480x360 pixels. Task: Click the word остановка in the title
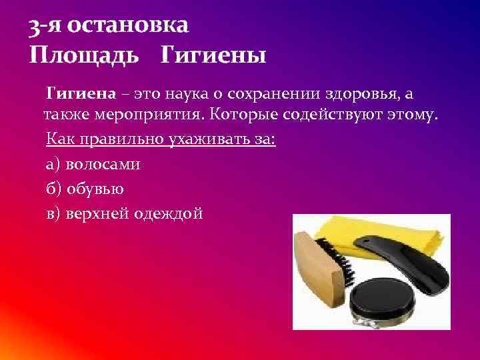129,25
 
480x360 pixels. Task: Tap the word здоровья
379,91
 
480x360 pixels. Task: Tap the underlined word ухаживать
209,140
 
